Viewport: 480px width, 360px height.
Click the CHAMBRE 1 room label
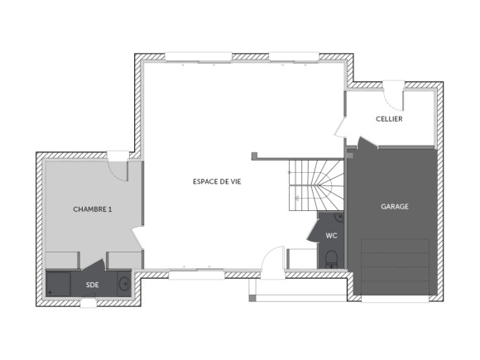tap(93, 209)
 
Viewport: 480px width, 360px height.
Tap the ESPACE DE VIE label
tap(223, 180)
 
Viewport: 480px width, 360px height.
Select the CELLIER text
tap(389, 119)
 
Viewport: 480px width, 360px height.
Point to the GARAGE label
tap(394, 206)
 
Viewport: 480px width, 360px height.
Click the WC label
tap(331, 236)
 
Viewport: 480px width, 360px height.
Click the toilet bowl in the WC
tap(331, 258)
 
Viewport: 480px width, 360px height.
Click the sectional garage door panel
tap(396, 266)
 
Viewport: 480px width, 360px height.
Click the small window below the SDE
tap(88, 303)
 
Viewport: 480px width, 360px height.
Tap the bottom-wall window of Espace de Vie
tap(188, 273)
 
